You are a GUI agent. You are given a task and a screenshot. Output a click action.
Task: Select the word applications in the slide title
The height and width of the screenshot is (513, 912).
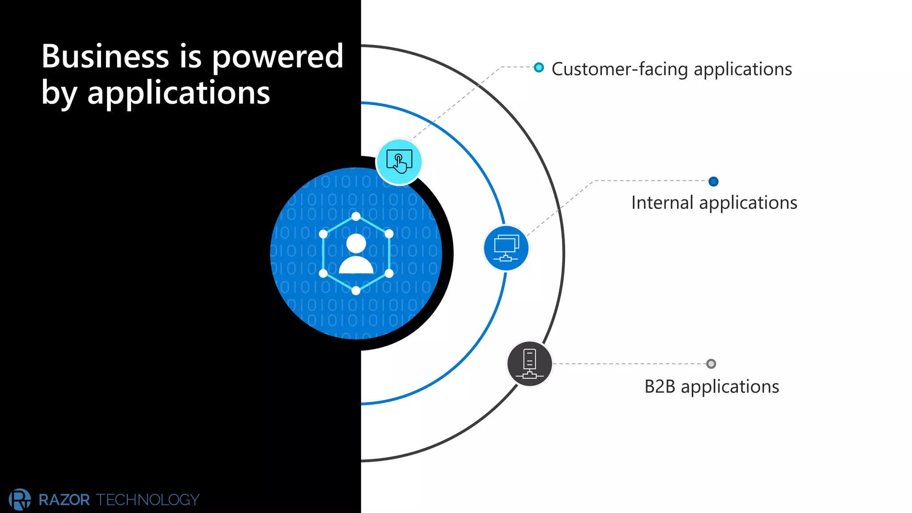(179, 94)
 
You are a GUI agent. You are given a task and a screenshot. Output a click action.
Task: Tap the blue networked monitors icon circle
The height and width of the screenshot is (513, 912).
(506, 248)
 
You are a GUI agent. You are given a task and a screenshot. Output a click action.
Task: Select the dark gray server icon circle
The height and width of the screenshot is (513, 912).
(529, 364)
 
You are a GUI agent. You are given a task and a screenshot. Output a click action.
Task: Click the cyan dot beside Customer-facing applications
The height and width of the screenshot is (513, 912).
(539, 68)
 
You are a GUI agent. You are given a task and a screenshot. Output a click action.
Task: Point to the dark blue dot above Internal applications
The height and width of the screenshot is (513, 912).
(713, 181)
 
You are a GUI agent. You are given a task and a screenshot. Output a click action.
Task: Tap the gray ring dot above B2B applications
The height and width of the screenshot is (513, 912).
(711, 364)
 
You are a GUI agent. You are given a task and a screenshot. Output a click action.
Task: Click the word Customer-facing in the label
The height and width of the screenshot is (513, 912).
(619, 69)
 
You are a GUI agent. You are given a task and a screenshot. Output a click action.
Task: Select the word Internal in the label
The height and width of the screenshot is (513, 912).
(662, 203)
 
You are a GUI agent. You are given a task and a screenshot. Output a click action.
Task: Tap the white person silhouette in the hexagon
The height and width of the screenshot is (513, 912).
(356, 254)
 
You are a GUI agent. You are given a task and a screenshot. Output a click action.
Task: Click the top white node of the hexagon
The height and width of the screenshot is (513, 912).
(356, 217)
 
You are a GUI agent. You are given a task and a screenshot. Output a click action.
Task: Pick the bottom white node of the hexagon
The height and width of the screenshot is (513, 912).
(356, 291)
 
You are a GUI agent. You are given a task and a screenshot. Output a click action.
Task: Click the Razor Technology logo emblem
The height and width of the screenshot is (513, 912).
(20, 499)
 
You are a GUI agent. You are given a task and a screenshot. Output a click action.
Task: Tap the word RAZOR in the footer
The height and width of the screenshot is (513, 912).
(64, 500)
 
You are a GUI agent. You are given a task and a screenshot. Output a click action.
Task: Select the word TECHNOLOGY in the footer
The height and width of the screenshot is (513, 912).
(148, 500)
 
